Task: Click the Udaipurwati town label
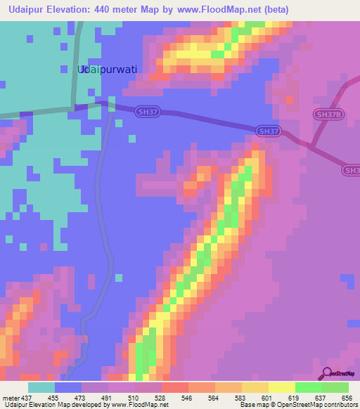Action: click(x=106, y=70)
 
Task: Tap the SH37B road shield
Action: click(x=328, y=115)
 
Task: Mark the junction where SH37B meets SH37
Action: click(x=308, y=144)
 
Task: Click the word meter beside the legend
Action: click(x=12, y=398)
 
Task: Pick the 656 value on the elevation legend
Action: click(x=348, y=398)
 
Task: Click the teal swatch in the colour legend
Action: click(x=41, y=387)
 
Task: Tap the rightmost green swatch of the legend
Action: click(x=335, y=387)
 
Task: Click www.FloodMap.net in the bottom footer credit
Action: click(x=139, y=405)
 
